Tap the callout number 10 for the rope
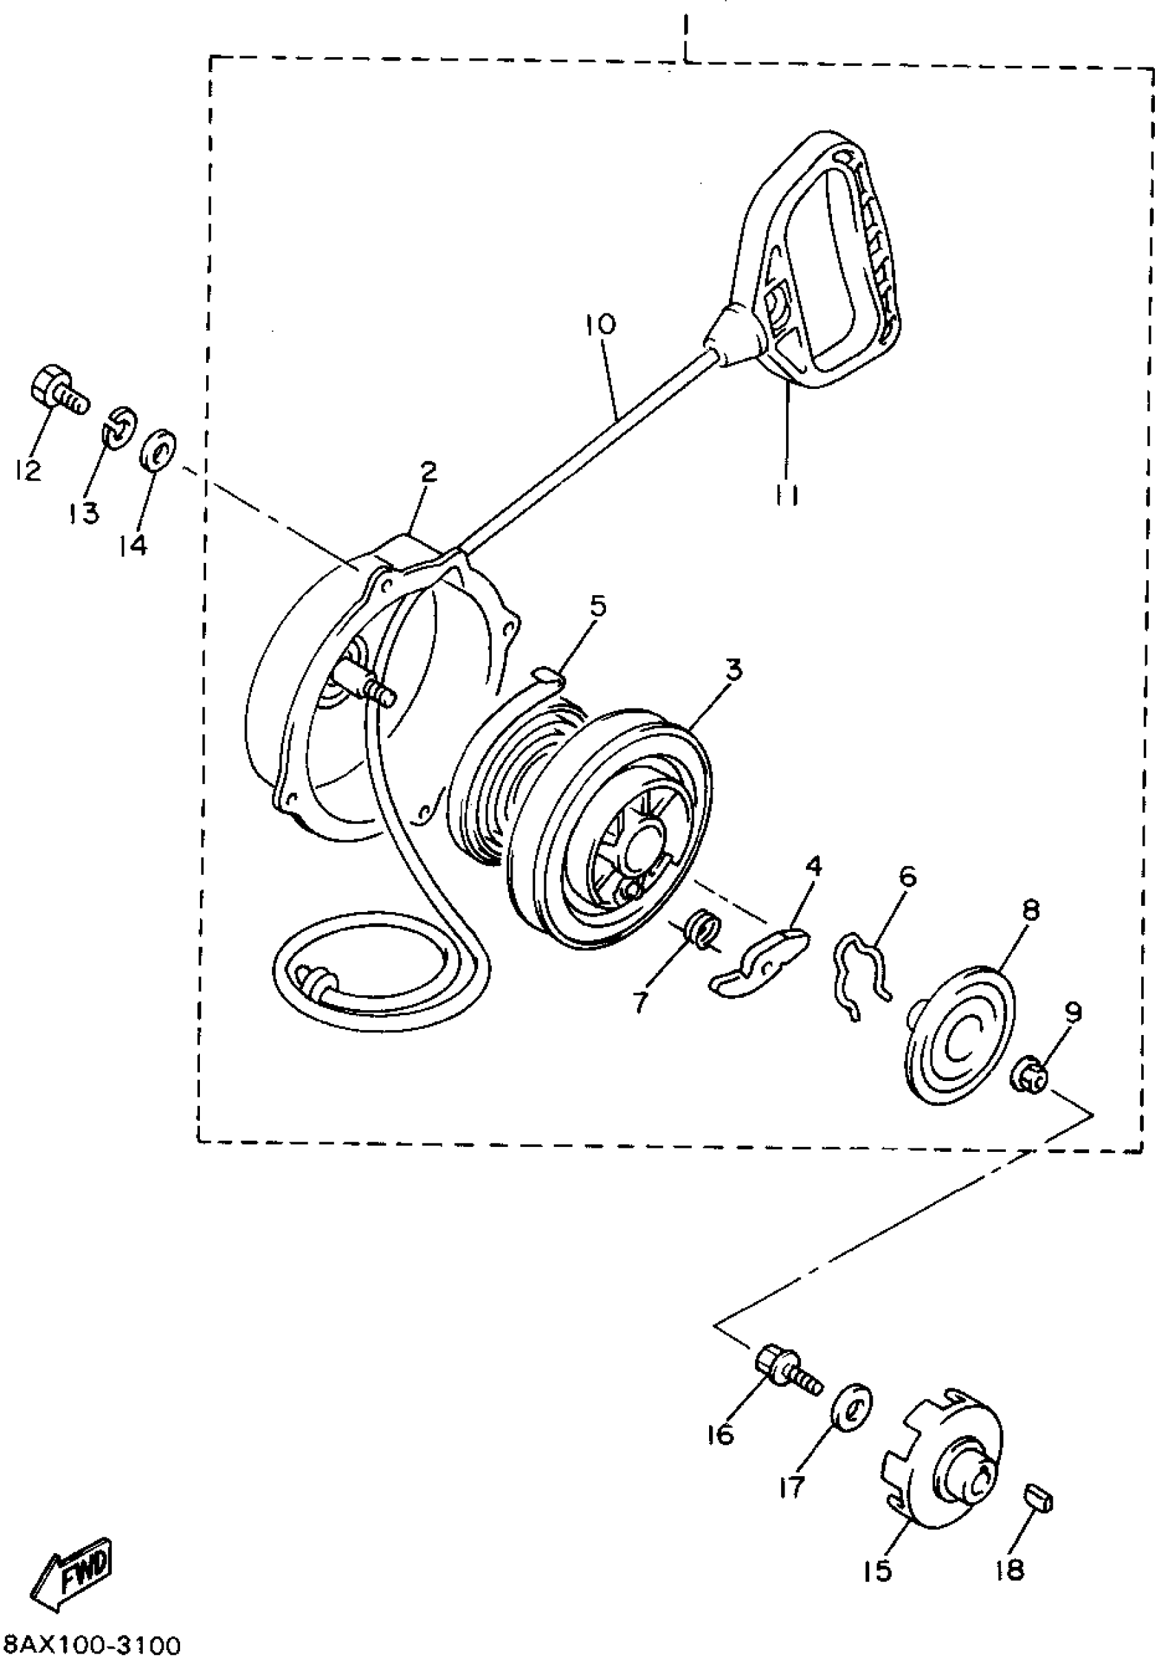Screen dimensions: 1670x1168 tap(600, 324)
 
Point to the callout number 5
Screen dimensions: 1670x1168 tap(598, 605)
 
